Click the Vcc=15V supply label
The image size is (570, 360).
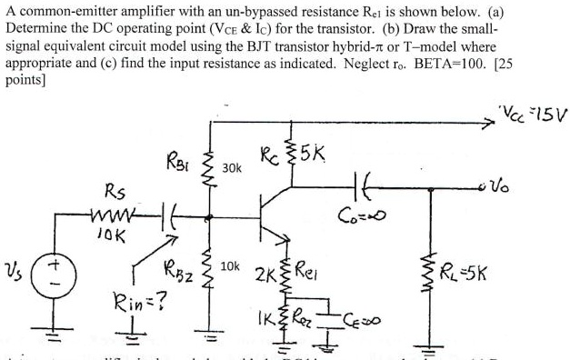tap(531, 118)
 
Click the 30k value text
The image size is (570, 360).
tap(232, 167)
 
